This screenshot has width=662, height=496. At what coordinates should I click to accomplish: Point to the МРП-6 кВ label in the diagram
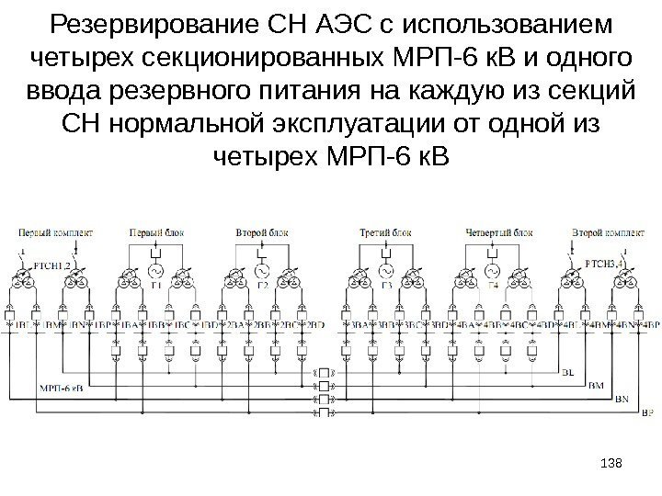(59, 385)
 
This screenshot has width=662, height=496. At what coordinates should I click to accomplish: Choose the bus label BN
(622, 400)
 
